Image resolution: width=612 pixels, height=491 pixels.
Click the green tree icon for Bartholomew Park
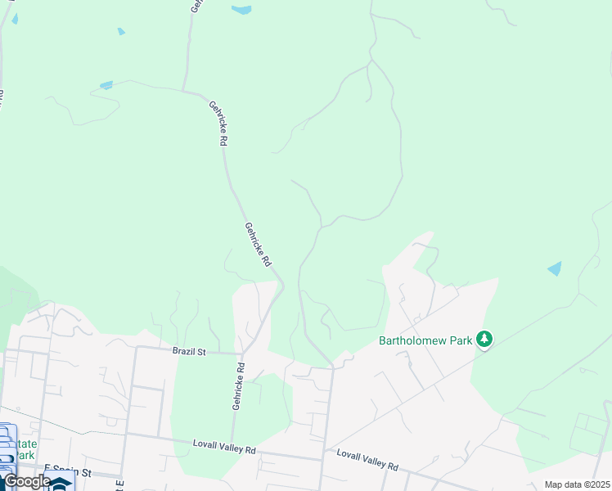[x=484, y=339]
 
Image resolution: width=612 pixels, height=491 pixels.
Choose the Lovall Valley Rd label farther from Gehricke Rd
[x=367, y=460]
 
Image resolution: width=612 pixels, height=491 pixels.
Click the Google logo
[x=27, y=481]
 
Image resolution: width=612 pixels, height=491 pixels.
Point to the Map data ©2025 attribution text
[x=576, y=484]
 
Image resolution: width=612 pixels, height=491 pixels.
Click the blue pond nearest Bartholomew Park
[x=555, y=268]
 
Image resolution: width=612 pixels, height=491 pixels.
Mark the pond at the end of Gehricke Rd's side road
[x=106, y=85]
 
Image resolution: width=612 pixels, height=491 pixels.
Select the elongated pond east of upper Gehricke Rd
[x=241, y=11]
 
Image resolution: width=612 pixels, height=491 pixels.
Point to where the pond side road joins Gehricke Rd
[x=183, y=88]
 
